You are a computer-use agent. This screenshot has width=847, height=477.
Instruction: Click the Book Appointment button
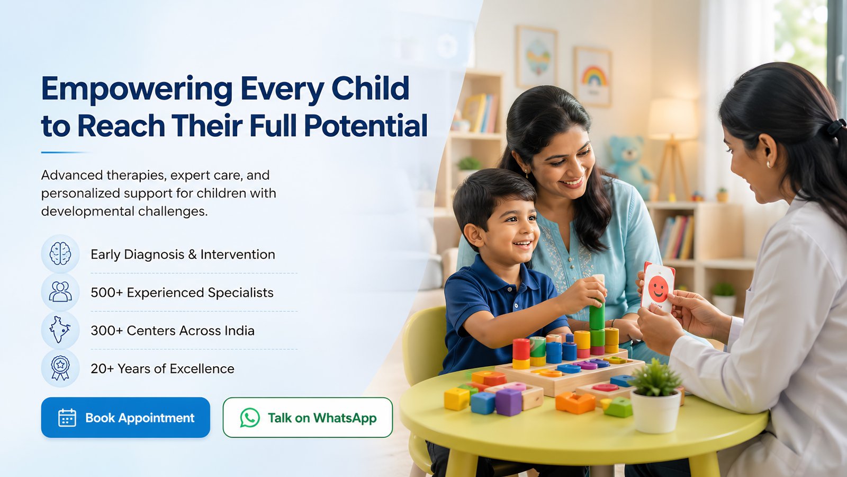coord(125,418)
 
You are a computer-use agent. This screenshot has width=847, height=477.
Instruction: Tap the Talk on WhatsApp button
coord(308,418)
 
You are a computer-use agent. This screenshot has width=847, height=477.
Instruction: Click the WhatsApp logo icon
coord(250,418)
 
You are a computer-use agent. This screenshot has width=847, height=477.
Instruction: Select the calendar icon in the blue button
coord(67,418)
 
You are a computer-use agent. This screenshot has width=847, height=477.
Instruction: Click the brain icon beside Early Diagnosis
coord(60,254)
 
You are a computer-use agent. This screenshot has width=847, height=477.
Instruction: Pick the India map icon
coord(60,330)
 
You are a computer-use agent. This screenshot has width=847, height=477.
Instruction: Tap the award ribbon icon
coord(60,368)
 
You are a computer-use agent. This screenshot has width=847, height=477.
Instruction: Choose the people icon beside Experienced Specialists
coord(60,292)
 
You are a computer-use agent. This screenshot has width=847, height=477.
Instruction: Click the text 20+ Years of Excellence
coord(162,368)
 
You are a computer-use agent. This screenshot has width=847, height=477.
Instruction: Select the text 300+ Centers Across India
coord(173,331)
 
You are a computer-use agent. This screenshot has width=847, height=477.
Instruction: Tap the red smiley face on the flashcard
coord(658,289)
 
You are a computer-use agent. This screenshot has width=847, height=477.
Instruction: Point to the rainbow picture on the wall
coord(592,77)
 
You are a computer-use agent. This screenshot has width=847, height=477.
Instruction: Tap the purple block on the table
coord(509,402)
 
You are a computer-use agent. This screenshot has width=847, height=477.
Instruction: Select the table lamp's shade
coord(672,119)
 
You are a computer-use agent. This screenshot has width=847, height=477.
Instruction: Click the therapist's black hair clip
coord(836,127)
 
